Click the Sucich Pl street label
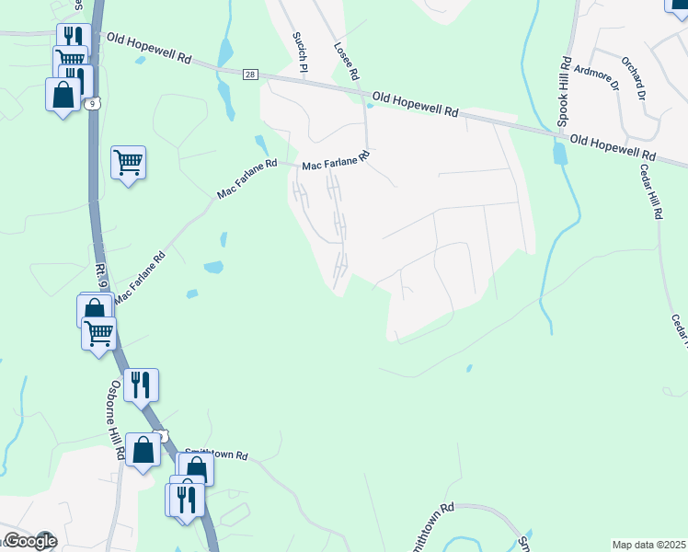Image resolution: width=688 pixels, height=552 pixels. click(299, 49)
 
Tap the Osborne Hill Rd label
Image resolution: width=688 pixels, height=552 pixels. click(117, 420)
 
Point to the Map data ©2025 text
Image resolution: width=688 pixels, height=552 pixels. click(648, 545)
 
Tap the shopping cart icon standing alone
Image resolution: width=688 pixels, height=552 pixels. click(128, 164)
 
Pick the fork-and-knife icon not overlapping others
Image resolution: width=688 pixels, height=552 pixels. click(141, 385)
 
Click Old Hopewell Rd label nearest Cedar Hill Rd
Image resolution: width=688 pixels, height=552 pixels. click(613, 147)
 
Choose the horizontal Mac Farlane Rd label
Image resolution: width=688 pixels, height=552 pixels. click(336, 161)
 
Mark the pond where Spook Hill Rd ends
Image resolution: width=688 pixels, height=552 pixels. click(559, 153)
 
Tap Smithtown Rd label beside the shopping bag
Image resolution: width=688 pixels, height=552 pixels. click(218, 454)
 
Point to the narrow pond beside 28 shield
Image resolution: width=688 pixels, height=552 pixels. click(224, 84)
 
